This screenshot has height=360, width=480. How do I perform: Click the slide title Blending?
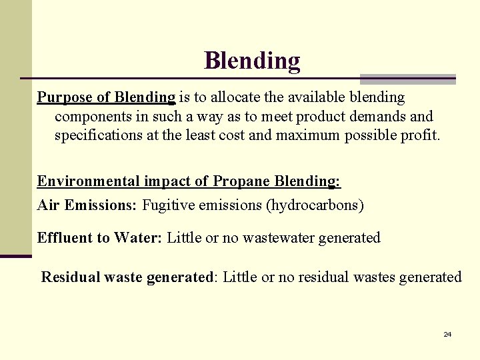tap(252, 61)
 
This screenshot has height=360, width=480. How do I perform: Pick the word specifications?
tap(99, 135)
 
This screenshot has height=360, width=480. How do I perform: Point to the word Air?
tap(49, 205)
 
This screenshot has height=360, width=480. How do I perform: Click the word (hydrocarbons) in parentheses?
tap(315, 205)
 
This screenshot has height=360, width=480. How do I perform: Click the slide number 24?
tap(447, 334)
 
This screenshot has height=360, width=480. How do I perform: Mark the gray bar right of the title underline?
tap(407, 79)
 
